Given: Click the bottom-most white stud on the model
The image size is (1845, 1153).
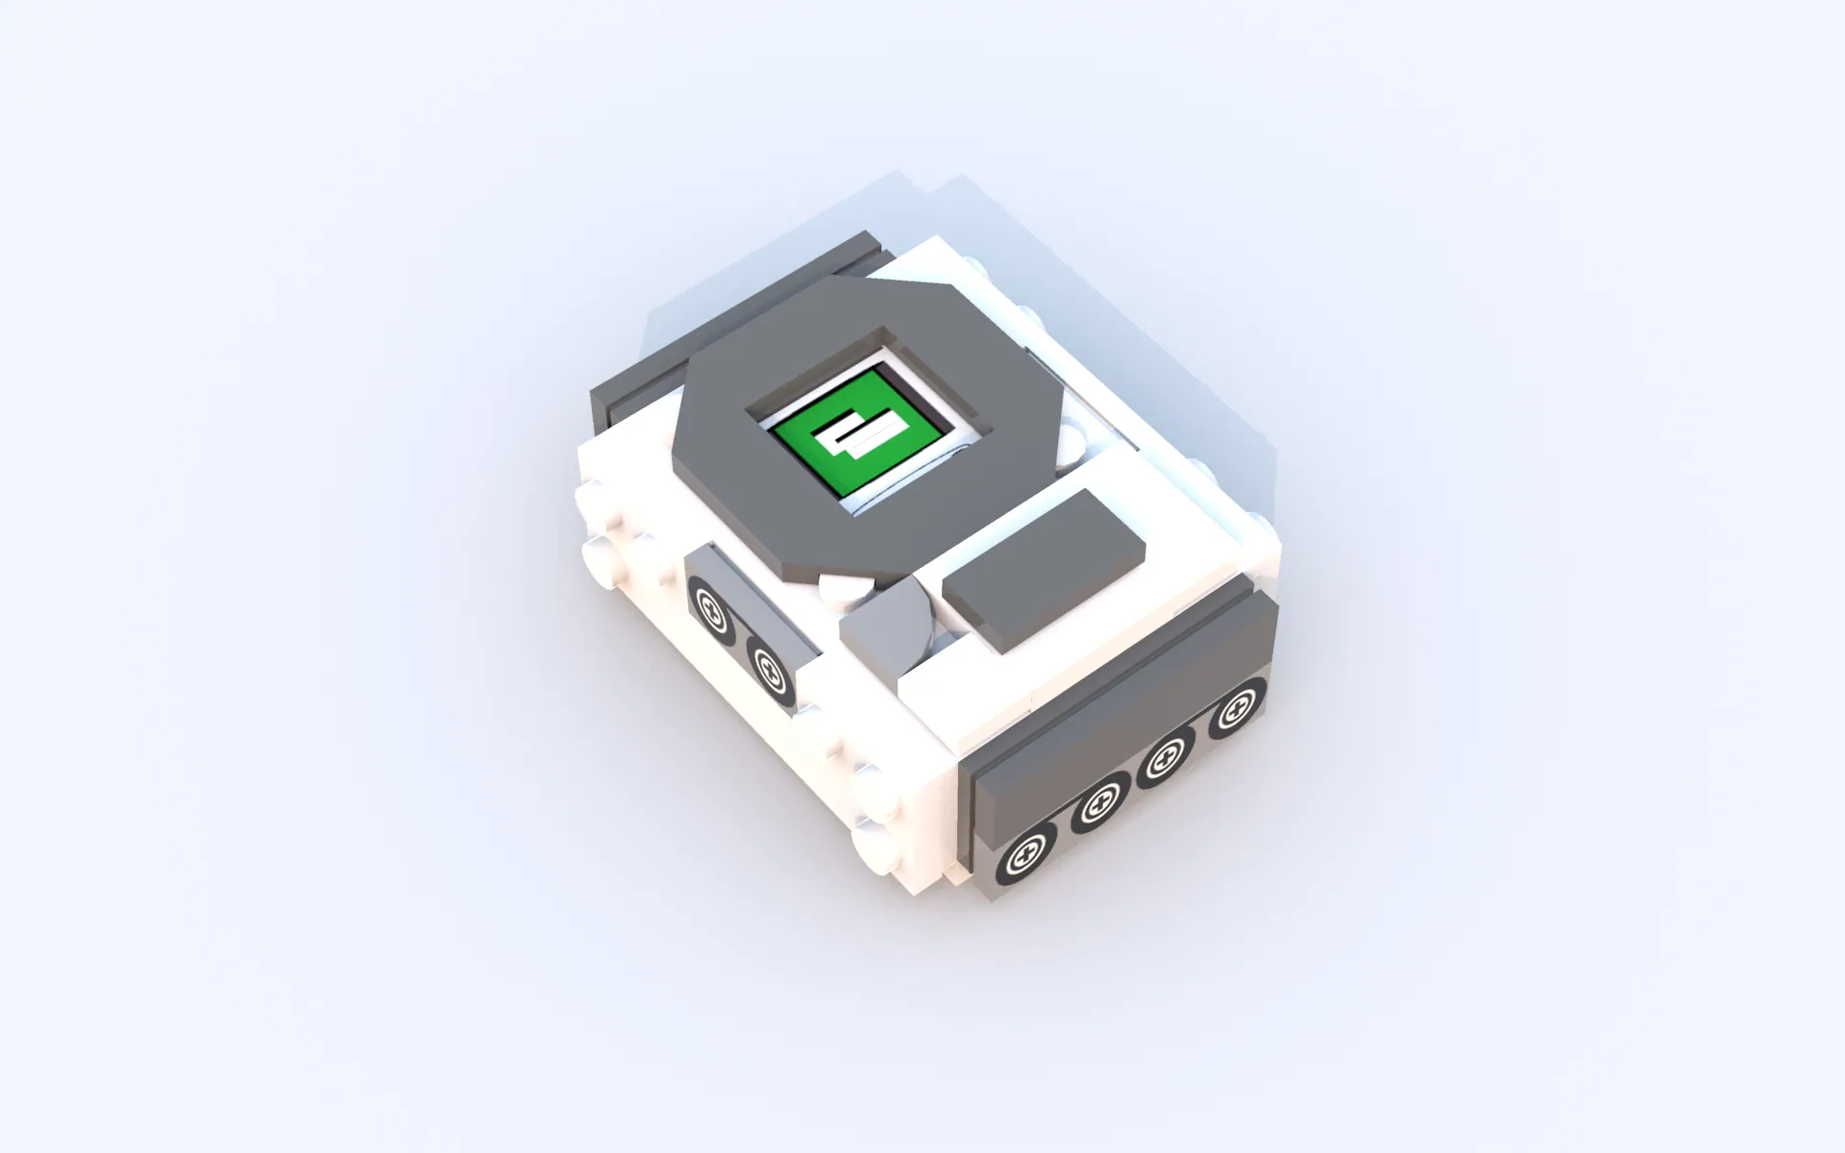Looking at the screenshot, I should (x=876, y=846).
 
